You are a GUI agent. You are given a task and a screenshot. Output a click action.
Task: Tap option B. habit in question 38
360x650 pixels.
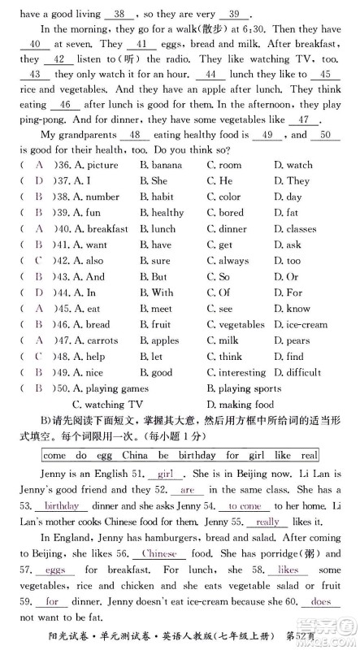coord(156,197)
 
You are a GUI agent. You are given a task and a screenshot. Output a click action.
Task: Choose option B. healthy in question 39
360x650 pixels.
coord(162,213)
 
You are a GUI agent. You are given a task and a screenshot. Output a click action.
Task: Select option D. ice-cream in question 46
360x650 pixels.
coord(301,325)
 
